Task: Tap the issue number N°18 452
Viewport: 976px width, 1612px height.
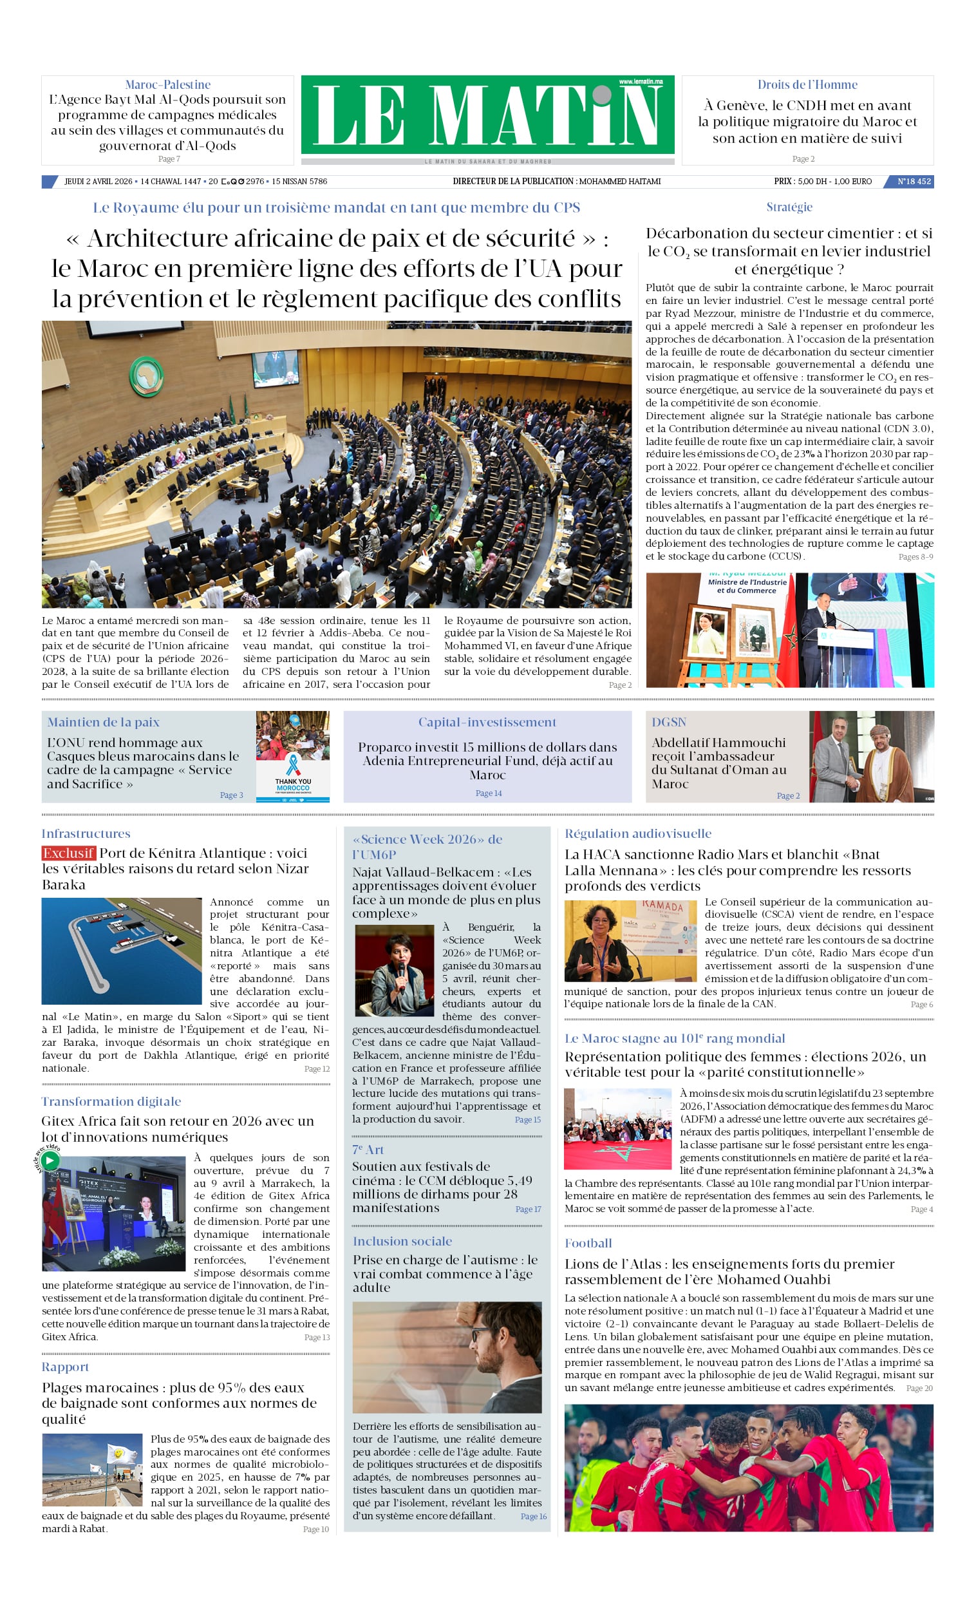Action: click(x=913, y=181)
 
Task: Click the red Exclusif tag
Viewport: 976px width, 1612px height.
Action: click(x=69, y=853)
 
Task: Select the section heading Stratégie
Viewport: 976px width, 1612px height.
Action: click(x=789, y=207)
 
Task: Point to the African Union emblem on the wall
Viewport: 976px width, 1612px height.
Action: click(x=147, y=376)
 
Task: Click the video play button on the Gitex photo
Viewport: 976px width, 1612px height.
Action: click(x=50, y=1161)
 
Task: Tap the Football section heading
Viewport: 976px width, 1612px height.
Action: click(x=588, y=1243)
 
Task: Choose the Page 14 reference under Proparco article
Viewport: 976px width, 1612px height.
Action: click(x=488, y=793)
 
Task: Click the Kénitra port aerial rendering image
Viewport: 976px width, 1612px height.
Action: click(x=122, y=951)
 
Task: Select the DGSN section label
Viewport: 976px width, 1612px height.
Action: click(x=668, y=722)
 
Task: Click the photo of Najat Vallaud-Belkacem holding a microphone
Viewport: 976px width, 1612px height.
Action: click(x=395, y=970)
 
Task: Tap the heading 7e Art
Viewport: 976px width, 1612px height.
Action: click(x=368, y=1150)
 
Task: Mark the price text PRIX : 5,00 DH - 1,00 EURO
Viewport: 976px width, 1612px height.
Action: click(x=822, y=181)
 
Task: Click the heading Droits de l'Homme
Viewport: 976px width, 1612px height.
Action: click(x=807, y=84)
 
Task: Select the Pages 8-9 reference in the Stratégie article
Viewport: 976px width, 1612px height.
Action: click(x=915, y=556)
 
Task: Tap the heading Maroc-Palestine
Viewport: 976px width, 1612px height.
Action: click(x=167, y=84)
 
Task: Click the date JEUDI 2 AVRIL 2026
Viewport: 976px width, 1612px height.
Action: click(x=98, y=181)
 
